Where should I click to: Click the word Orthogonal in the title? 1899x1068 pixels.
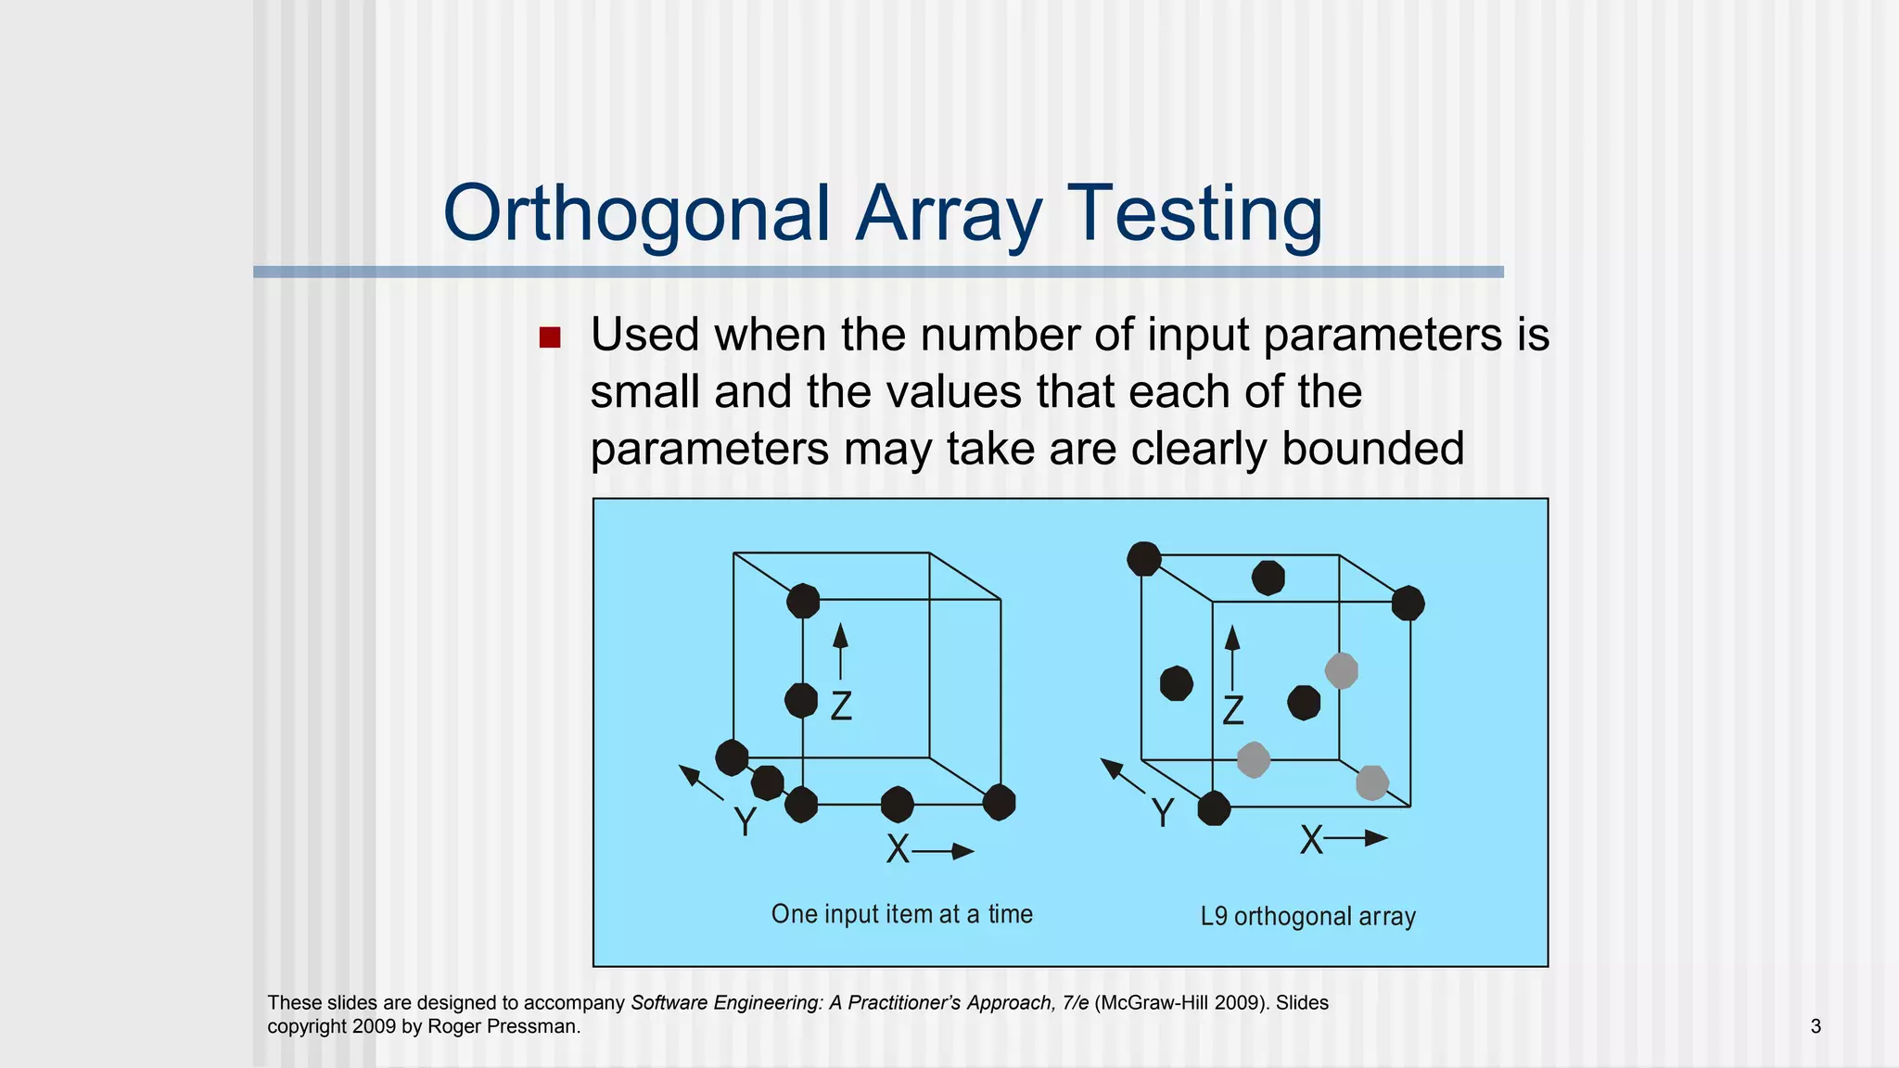(x=636, y=215)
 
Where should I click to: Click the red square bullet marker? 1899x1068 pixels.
(x=550, y=337)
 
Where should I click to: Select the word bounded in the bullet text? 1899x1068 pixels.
(x=1372, y=449)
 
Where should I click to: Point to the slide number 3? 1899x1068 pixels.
(x=1815, y=1026)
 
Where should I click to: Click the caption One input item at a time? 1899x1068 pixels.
(x=901, y=914)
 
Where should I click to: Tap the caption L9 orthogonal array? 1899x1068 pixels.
(x=1307, y=916)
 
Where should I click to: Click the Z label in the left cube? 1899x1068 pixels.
(x=841, y=707)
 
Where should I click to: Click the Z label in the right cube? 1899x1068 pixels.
(x=1232, y=711)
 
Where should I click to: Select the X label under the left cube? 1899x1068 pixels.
(x=898, y=849)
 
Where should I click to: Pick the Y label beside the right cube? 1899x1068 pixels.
(x=1162, y=814)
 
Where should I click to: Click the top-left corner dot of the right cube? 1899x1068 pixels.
(x=1143, y=559)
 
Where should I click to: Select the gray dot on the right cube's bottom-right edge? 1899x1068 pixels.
(x=1371, y=782)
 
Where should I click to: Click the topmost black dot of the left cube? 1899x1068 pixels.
(x=803, y=601)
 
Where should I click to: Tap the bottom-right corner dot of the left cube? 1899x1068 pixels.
(x=999, y=802)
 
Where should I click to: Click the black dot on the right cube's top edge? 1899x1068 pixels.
(x=1268, y=578)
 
